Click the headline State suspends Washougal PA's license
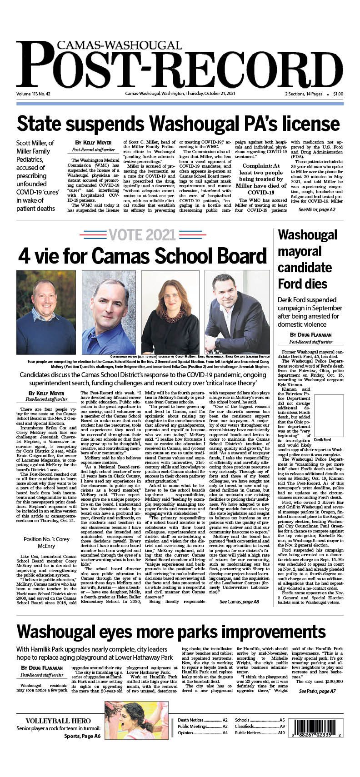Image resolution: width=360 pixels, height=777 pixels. point(178,124)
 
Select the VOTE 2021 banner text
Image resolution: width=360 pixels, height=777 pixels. point(142,235)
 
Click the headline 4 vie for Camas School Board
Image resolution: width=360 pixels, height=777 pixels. point(142,256)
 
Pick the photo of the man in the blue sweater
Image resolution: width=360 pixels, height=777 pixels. point(46,312)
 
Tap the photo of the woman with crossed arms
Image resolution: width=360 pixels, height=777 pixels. point(170,312)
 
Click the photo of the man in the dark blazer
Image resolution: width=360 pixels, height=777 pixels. point(237,312)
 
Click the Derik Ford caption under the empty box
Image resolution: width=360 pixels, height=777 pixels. point(322,440)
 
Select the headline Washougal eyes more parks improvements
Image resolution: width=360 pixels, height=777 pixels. point(171,632)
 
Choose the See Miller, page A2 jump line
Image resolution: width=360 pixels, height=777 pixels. point(316,209)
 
